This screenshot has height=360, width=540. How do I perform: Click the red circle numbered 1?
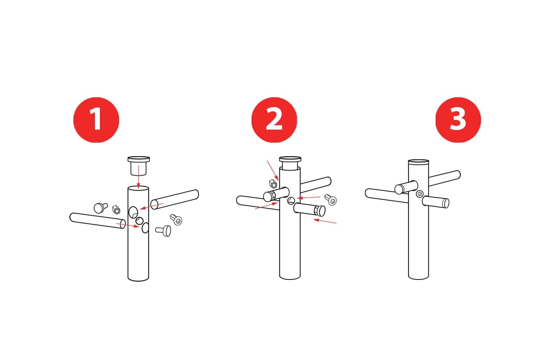coord(96,120)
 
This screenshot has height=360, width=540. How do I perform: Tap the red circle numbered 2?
coord(274,120)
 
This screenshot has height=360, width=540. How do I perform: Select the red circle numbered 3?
coord(458,120)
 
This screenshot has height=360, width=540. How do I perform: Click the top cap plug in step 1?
coord(139,166)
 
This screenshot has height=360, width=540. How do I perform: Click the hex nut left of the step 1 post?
coord(116,210)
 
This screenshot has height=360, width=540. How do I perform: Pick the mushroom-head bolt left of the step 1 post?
coord(100,207)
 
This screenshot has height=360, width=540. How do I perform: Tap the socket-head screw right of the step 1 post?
coord(176,220)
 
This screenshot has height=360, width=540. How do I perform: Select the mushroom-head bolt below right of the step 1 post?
coord(164,230)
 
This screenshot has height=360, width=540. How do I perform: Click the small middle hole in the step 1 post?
coord(139,220)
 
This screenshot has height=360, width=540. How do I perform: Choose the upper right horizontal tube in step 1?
coord(175,199)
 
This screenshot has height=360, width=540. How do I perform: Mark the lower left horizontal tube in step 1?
coord(98,220)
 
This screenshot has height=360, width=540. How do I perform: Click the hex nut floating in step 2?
coord(273,184)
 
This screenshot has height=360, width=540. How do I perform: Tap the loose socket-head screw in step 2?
coord(330,200)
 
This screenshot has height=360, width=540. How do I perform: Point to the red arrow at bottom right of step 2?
coord(325,221)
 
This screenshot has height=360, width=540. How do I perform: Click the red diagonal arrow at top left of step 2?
coord(273,170)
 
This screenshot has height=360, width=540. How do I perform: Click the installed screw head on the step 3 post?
coord(420,193)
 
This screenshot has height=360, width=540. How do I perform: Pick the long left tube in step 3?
coord(387,196)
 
